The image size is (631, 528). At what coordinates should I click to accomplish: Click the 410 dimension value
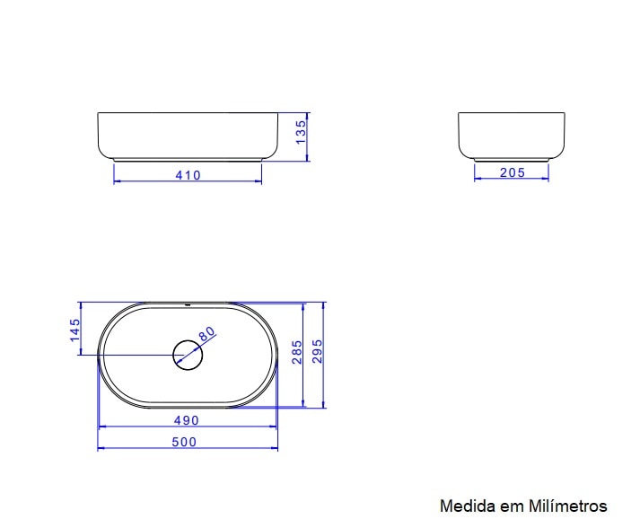click(x=188, y=175)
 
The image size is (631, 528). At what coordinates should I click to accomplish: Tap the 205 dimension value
click(x=512, y=172)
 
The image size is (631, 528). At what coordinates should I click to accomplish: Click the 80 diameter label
click(x=207, y=334)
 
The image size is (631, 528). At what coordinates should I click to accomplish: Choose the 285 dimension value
click(x=295, y=354)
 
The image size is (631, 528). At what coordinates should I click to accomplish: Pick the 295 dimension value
click(x=317, y=354)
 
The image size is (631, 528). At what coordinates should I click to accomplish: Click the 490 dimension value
click(x=187, y=419)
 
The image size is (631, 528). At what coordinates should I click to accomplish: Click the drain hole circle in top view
click(x=188, y=355)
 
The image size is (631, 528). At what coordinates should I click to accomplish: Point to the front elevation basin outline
click(x=188, y=136)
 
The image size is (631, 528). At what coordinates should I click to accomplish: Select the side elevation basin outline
click(x=512, y=135)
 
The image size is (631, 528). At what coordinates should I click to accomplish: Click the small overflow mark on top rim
click(x=188, y=305)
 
